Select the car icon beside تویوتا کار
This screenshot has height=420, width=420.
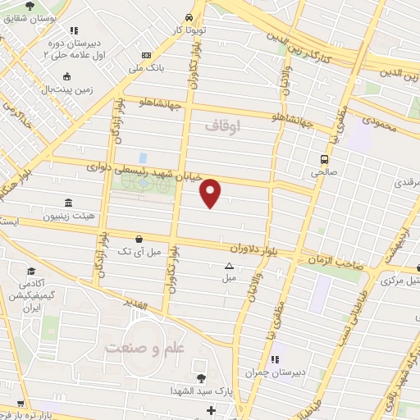(189, 17)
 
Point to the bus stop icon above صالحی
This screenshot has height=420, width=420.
(325, 159)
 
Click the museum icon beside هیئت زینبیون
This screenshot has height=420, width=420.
(66, 203)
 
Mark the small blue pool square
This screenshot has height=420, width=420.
(143, 157)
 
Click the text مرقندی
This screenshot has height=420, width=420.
(404, 182)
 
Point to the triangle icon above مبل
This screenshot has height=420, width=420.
(229, 266)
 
